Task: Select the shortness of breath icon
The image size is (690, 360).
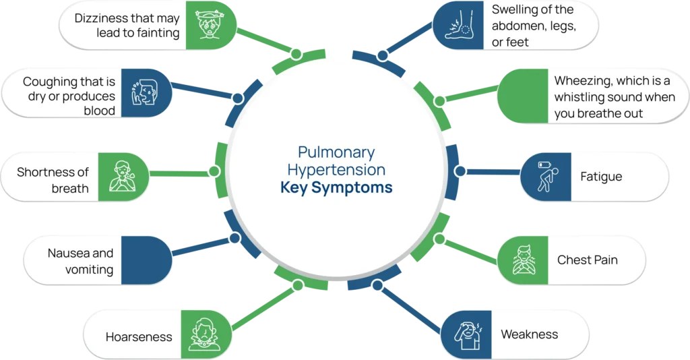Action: pos(123,177)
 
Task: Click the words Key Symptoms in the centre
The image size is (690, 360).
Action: pos(336,188)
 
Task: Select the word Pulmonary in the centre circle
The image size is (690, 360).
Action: pos(336,152)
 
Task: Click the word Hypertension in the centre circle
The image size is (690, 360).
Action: pos(336,170)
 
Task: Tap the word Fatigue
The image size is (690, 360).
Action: pos(601,177)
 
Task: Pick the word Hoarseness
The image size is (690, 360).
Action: pos(139,336)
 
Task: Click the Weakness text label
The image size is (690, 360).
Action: pos(529,334)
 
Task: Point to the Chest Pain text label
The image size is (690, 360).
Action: pos(587,260)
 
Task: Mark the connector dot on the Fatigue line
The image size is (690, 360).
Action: pos(460,171)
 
